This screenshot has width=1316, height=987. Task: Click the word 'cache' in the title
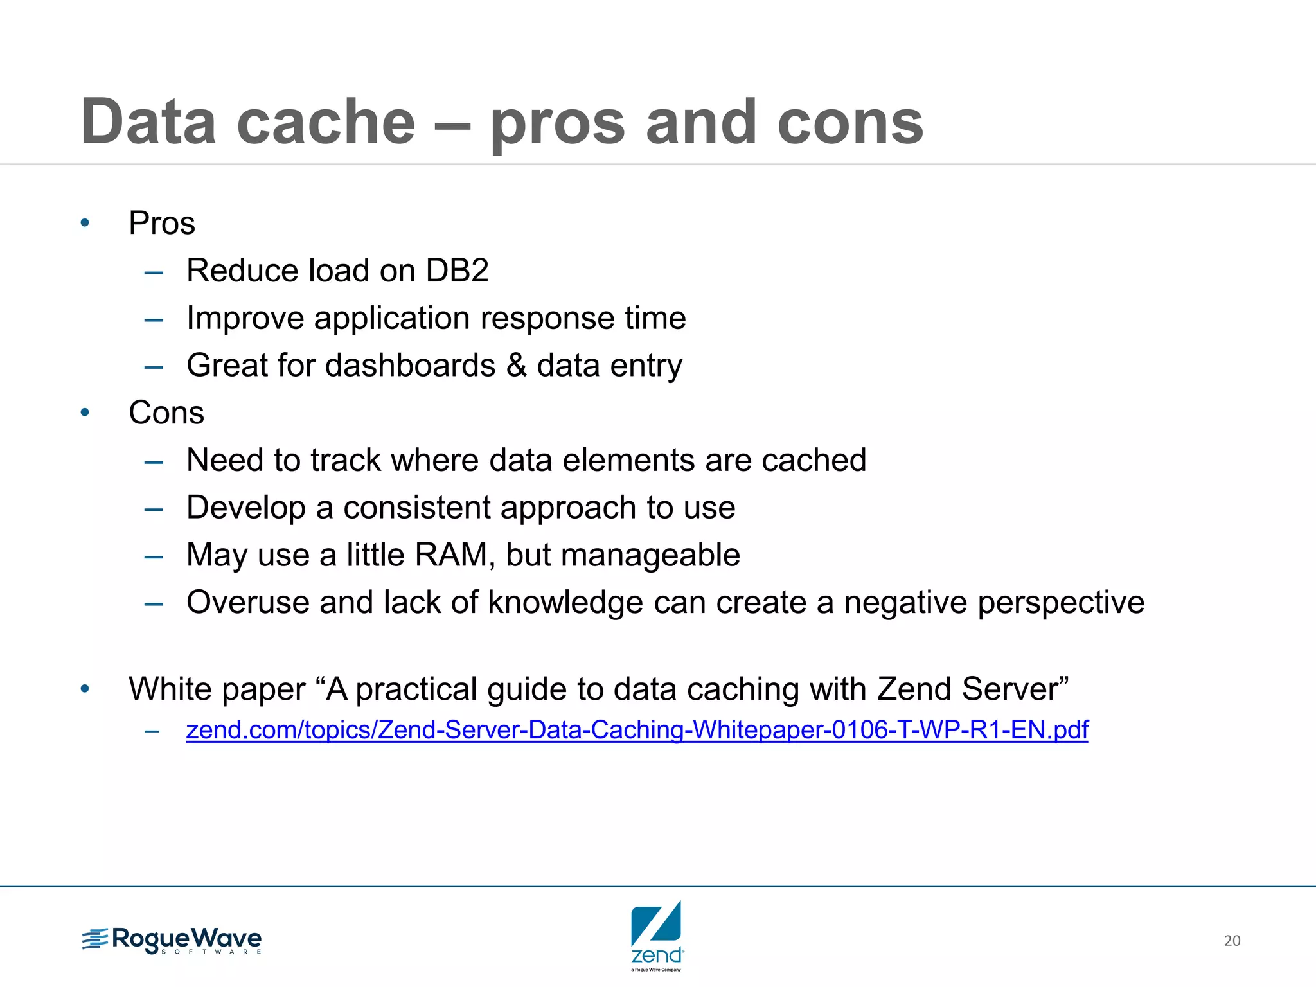[326, 122]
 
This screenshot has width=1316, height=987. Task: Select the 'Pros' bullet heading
[161, 224]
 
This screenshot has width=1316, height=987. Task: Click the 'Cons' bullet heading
[166, 413]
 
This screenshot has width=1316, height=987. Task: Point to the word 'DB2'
[457, 271]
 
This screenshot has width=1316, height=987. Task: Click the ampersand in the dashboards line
[516, 366]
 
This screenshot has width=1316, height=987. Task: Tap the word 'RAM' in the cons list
[452, 555]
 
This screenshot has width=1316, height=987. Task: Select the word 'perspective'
[1060, 603]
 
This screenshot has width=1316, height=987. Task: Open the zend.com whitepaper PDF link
[636, 730]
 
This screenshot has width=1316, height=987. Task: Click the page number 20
[1232, 941]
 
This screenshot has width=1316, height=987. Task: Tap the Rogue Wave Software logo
[172, 941]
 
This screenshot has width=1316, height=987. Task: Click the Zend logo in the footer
[657, 935]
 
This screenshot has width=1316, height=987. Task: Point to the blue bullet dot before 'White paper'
[85, 689]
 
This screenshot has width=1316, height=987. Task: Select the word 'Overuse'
[247, 603]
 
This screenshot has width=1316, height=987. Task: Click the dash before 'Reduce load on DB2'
[154, 272]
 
